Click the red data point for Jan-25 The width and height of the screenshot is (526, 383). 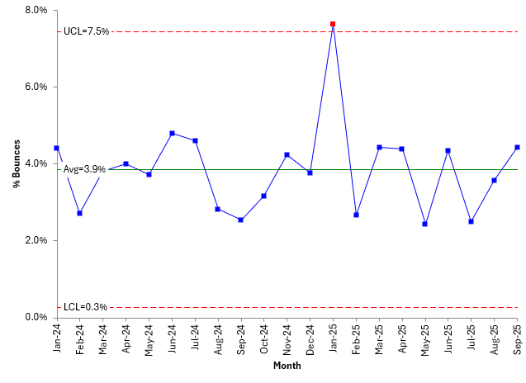click(333, 24)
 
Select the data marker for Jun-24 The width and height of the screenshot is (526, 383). click(172, 133)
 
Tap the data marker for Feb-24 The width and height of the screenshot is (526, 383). click(79, 213)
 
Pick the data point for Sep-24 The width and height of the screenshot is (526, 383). click(240, 220)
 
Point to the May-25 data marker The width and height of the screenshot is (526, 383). click(424, 224)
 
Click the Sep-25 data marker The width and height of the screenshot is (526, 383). click(517, 148)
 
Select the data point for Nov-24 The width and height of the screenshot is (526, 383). click(287, 154)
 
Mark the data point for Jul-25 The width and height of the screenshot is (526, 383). click(471, 221)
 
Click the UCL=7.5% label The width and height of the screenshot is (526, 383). click(85, 31)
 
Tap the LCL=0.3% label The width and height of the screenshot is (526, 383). click(84, 307)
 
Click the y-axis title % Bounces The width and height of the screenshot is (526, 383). click(16, 163)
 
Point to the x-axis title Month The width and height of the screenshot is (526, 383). click(287, 366)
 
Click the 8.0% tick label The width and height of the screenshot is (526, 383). click(36, 11)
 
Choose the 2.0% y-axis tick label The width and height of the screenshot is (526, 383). click(36, 240)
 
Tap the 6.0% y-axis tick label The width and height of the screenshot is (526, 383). click(36, 87)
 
